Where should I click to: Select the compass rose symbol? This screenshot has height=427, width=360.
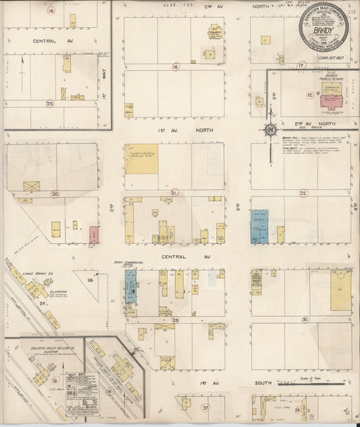coord(269,129)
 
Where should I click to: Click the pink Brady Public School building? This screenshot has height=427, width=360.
coord(332,102)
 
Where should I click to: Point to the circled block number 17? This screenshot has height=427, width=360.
coord(301,66)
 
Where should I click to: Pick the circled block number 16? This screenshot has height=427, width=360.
coord(175,67)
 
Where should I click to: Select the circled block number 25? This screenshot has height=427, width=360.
coord(50,103)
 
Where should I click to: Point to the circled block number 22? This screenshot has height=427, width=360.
coord(303,193)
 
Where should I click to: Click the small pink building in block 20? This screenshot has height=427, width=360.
coord(94,234)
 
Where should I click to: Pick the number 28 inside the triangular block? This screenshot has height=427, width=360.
coord(90,278)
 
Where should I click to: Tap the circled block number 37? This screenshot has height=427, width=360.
coord(205,408)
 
